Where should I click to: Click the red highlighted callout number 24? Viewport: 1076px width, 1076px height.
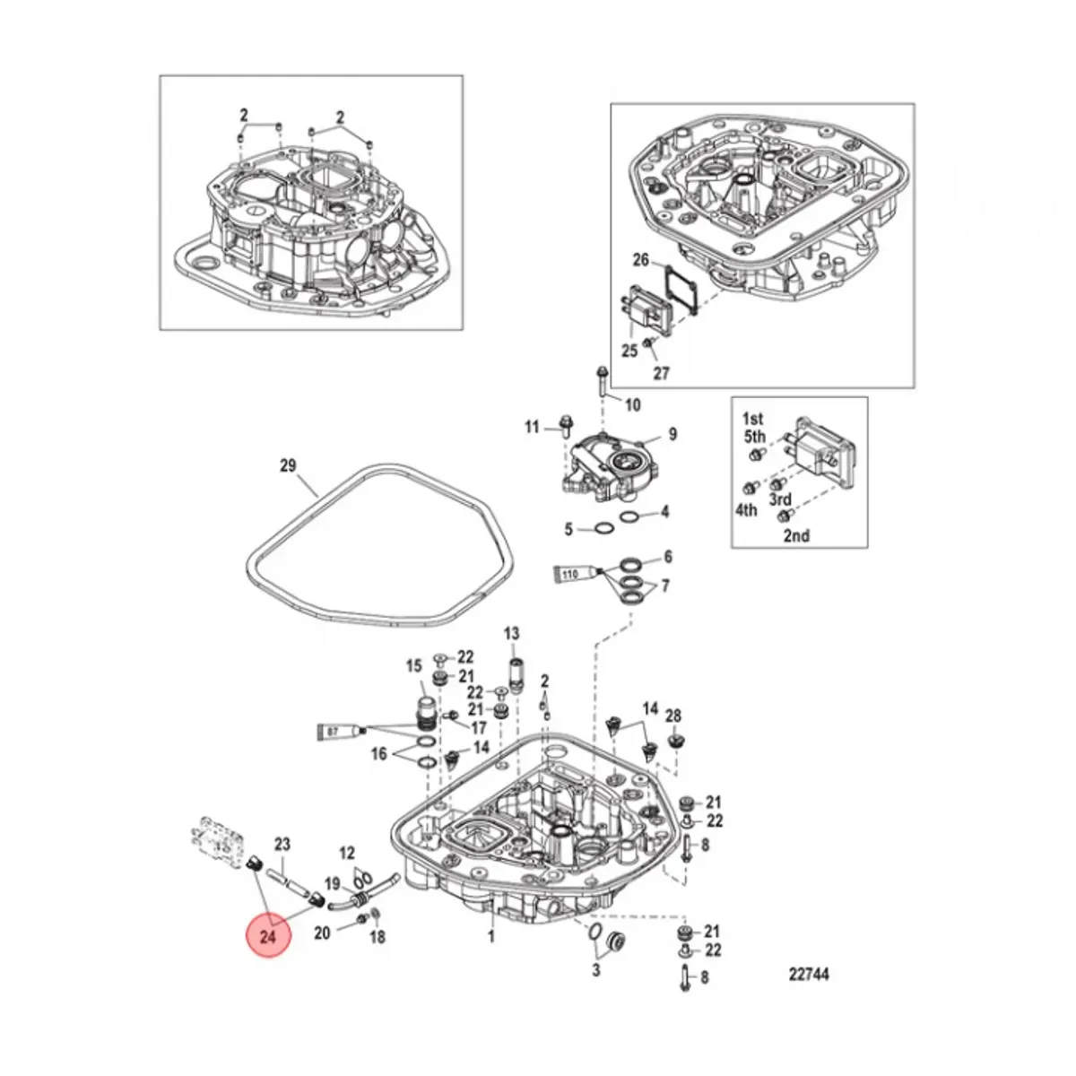point(270,937)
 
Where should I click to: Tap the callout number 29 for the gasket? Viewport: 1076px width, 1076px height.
point(287,465)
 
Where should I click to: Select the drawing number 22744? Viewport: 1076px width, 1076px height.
point(809,975)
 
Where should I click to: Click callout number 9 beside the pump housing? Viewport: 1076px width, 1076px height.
point(672,435)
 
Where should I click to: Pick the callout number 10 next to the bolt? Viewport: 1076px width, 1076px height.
point(633,404)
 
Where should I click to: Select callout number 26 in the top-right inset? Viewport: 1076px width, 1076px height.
point(640,261)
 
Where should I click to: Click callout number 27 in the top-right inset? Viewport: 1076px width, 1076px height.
point(661,373)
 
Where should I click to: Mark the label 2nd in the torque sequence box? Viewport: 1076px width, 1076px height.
point(796,535)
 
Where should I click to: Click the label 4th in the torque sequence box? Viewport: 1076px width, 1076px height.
point(746,509)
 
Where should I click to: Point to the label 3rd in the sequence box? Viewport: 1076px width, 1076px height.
point(780,499)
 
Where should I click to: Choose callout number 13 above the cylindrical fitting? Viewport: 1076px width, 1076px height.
point(511,634)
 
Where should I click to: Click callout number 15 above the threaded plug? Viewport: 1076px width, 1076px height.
point(413,665)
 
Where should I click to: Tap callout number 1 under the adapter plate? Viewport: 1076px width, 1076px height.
point(490,937)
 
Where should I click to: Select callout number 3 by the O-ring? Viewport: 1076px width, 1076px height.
point(596,970)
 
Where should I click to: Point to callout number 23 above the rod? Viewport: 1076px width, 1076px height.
point(282,844)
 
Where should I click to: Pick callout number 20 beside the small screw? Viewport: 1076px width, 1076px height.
point(321,933)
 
